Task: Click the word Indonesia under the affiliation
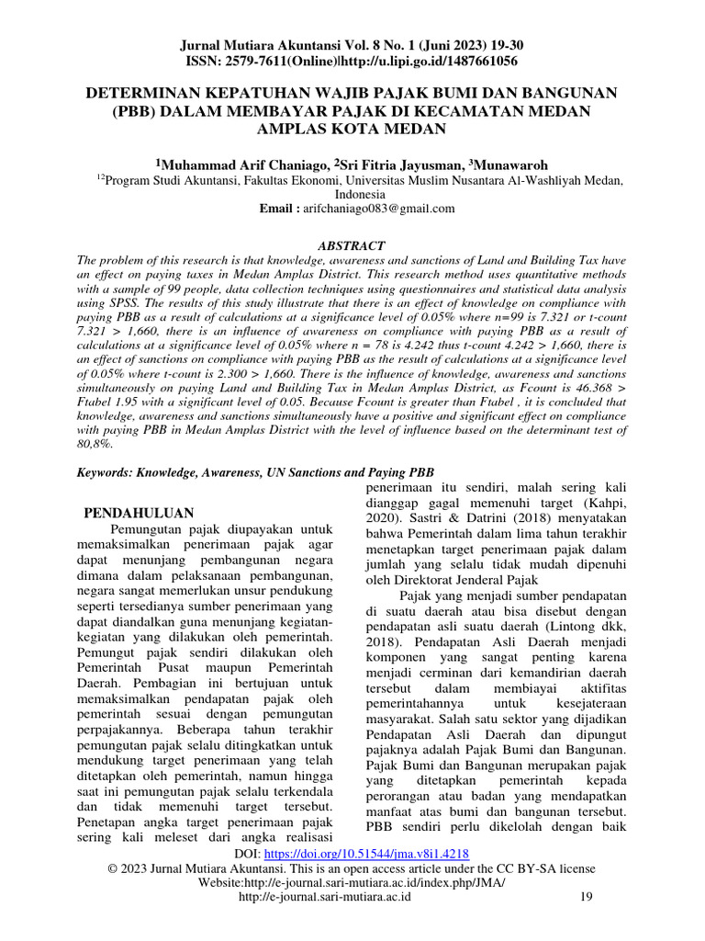tap(352, 195)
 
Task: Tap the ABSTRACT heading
tap(352, 245)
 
